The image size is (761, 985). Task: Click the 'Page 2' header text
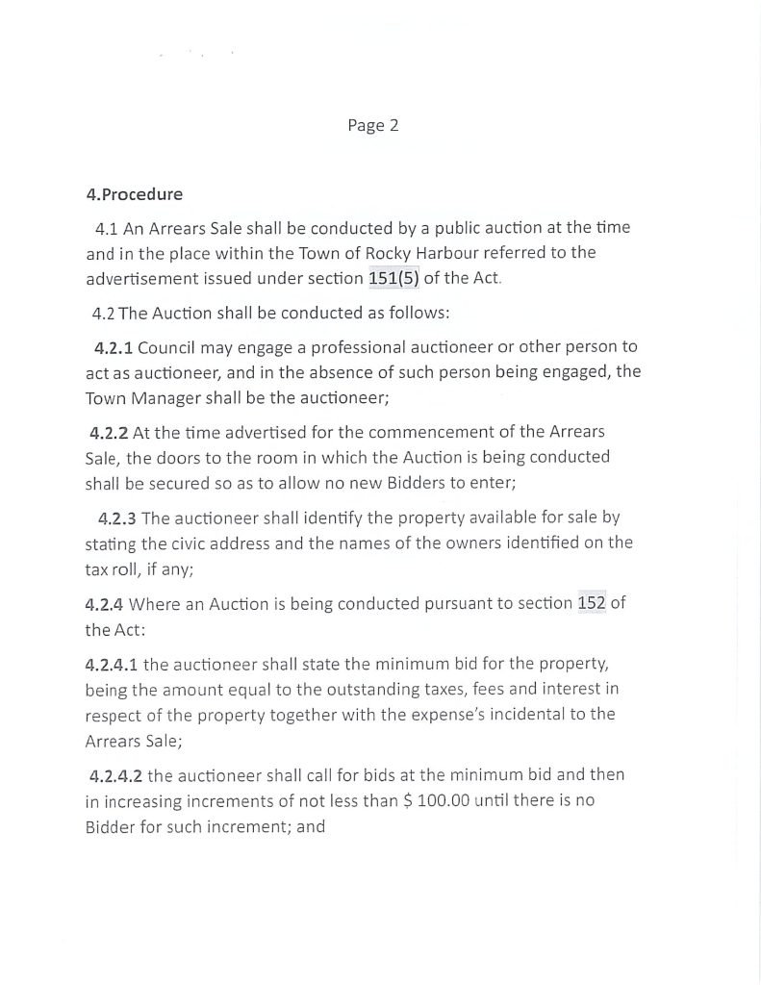[x=372, y=126]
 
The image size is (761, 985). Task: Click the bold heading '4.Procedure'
[x=134, y=194]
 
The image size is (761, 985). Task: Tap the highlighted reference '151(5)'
[x=393, y=279]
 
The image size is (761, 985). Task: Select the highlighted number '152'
[x=591, y=604]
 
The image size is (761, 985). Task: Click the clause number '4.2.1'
[x=114, y=346]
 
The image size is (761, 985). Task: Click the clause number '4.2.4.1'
[x=112, y=664]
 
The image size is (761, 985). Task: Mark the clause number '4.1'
[x=107, y=228]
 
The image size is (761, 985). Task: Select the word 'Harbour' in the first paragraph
[x=468, y=253]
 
